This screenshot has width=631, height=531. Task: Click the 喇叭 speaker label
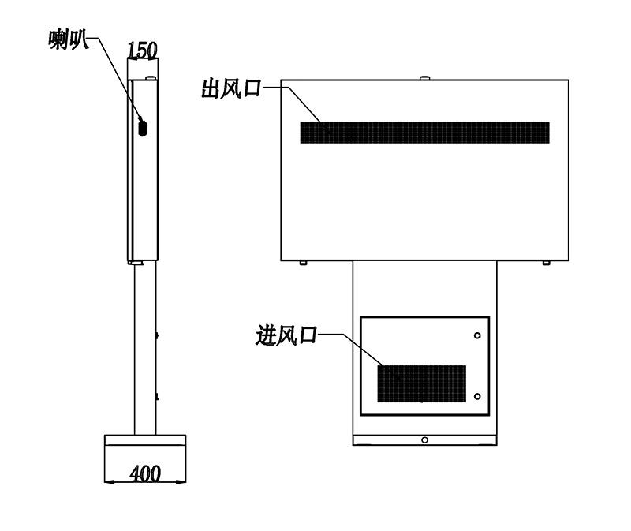(x=68, y=39)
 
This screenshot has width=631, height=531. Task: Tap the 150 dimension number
(x=142, y=50)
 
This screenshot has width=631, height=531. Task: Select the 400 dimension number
(x=145, y=473)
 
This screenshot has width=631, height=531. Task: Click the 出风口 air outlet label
(x=231, y=89)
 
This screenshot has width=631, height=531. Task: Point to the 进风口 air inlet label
(x=286, y=335)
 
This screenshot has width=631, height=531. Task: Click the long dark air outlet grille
(x=424, y=133)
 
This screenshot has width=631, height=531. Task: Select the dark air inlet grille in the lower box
(x=421, y=383)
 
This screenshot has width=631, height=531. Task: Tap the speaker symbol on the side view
(x=143, y=128)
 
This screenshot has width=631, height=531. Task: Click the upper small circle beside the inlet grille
(x=477, y=335)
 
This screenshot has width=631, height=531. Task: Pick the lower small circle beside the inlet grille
(x=477, y=397)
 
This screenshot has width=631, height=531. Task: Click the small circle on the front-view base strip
(x=424, y=440)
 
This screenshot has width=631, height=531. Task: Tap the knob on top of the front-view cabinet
(x=424, y=77)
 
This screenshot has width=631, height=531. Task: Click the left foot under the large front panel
(x=303, y=263)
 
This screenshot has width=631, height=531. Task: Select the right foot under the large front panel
(x=546, y=263)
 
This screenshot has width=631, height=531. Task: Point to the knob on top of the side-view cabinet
(x=151, y=78)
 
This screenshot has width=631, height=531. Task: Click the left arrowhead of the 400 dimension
(x=108, y=481)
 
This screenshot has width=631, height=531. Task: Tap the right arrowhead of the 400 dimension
(x=182, y=481)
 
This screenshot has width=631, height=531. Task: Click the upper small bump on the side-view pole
(x=157, y=335)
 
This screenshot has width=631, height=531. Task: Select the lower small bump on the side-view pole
(x=157, y=397)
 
